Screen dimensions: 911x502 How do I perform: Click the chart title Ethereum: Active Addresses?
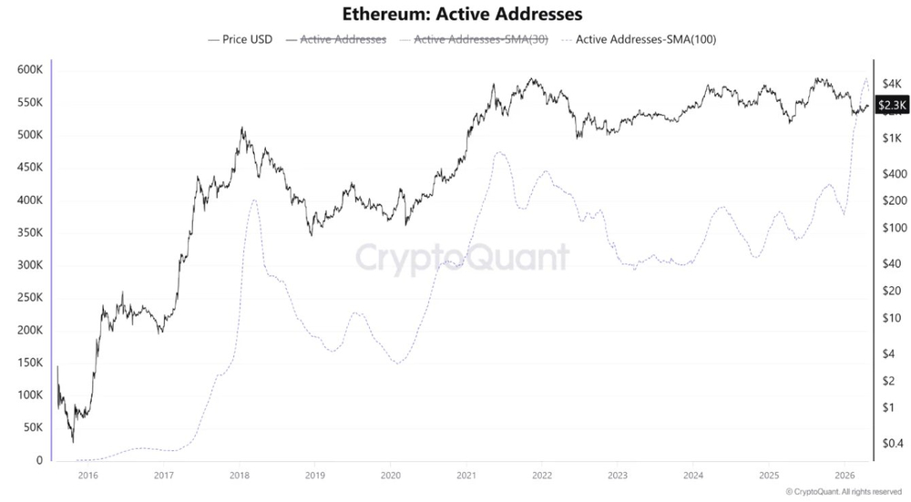tap(462, 14)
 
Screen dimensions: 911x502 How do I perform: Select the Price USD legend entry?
tap(240, 39)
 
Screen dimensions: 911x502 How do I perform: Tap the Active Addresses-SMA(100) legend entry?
tap(640, 39)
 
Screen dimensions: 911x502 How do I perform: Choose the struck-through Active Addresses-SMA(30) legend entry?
tap(474, 39)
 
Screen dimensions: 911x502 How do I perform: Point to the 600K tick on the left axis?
tap(30, 70)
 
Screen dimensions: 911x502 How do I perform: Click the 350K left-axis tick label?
tap(30, 232)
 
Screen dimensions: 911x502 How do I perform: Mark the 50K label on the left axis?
tap(33, 427)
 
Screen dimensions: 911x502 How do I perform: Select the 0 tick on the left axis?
tap(39, 460)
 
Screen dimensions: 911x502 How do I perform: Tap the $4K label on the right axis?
tap(891, 83)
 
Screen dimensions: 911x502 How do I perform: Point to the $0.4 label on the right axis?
tap(893, 444)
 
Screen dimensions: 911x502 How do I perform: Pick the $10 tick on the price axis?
tap(891, 318)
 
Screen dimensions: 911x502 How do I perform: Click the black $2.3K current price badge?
tap(892, 105)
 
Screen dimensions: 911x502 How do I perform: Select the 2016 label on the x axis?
tap(87, 476)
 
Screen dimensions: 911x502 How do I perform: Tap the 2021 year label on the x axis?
tap(466, 476)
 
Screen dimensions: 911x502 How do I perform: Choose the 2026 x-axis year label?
tap(844, 476)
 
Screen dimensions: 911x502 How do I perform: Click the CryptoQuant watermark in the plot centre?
tap(463, 258)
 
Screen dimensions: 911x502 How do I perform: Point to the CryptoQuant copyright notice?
tap(844, 492)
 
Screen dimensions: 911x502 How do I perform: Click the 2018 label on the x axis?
tap(240, 476)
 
